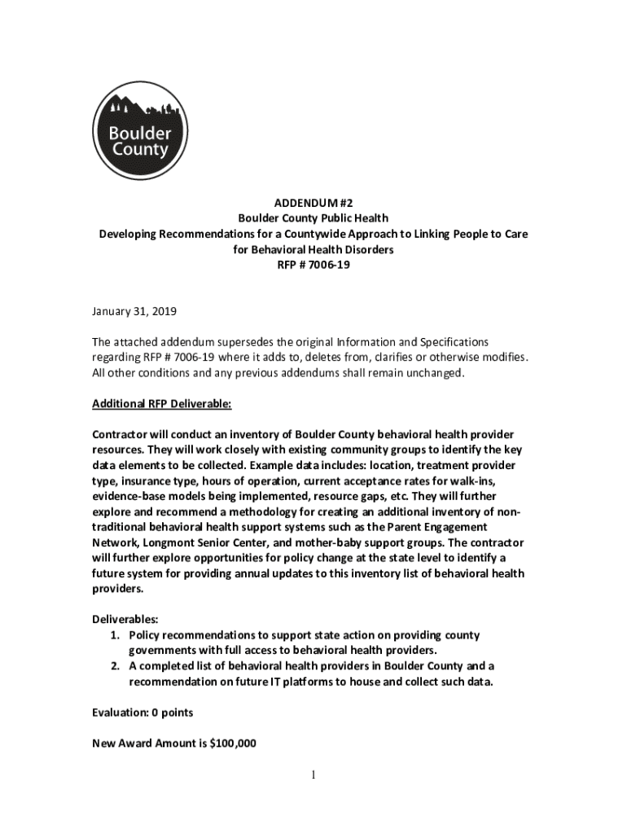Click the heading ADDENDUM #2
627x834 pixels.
(x=313, y=203)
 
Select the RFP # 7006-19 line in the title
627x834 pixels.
(x=313, y=265)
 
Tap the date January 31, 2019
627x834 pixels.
(x=134, y=311)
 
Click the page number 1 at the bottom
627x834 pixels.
(x=313, y=774)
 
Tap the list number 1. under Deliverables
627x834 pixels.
(x=116, y=635)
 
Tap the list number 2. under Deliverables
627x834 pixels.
(x=116, y=665)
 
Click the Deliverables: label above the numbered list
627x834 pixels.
(x=125, y=619)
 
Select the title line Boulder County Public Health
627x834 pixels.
(x=313, y=218)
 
